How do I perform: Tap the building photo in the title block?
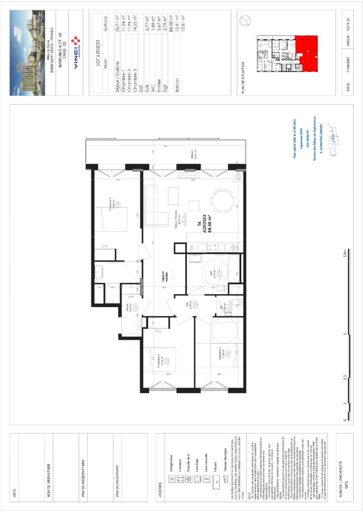[x=27, y=53]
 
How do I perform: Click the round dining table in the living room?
[x=223, y=203]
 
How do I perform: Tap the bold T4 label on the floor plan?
[x=199, y=227]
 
